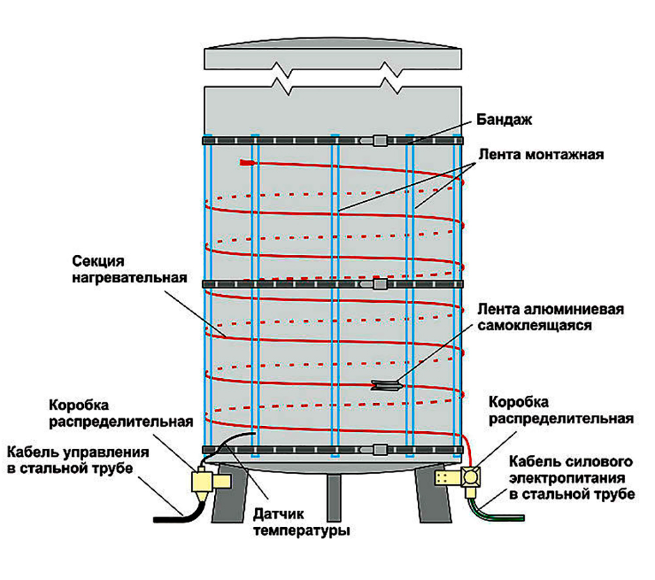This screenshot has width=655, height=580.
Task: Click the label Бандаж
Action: tap(504, 120)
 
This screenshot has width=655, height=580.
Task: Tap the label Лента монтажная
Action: tap(541, 155)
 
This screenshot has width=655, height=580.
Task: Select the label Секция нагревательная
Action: tap(130, 269)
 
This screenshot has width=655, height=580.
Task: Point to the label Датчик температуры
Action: tap(301, 522)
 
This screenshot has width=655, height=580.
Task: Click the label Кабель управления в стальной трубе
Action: tap(78, 460)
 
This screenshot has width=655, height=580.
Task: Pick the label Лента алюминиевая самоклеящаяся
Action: tap(551, 317)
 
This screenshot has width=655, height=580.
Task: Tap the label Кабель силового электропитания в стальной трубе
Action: tap(572, 478)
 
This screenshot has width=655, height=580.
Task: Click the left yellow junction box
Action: tap(210, 482)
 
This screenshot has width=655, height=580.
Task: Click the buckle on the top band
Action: tap(380, 140)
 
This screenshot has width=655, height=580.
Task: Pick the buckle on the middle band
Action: tap(380, 284)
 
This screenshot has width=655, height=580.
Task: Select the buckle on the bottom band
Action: tap(380, 450)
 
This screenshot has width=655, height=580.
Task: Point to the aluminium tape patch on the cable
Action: tap(385, 385)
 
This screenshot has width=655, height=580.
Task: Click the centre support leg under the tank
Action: tap(334, 498)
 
